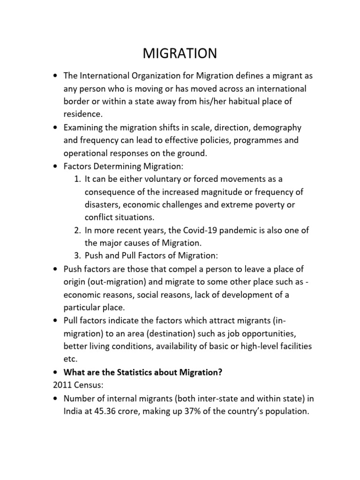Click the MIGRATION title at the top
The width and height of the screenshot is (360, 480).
click(180, 54)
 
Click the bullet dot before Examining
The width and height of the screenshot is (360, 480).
click(56, 127)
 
